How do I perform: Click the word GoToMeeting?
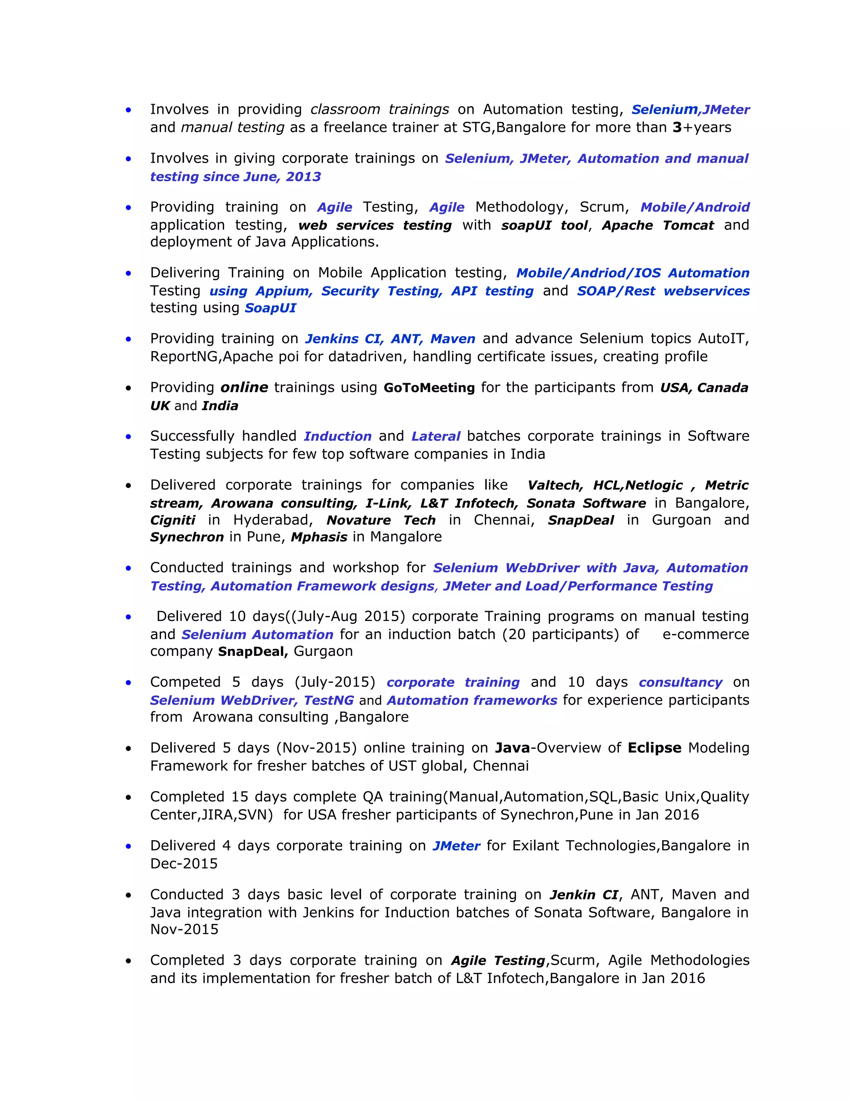[429, 387]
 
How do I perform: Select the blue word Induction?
[337, 436]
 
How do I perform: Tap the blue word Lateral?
[435, 436]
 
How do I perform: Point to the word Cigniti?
[172, 520]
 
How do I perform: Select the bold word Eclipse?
[654, 748]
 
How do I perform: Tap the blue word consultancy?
[680, 682]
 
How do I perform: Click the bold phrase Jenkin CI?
[584, 895]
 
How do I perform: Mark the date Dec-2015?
[184, 863]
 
